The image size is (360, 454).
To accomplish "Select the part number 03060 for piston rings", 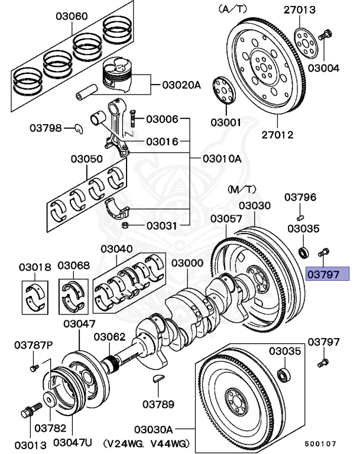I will click(72, 15).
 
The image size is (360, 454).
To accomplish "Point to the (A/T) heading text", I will click(233, 9).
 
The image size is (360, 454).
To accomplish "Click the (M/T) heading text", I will click(242, 189).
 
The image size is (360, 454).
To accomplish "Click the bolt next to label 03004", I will click(326, 35).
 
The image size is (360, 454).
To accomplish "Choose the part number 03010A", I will click(222, 158).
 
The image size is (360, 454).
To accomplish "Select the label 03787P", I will click(34, 345).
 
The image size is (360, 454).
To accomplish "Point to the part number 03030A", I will click(153, 429).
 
